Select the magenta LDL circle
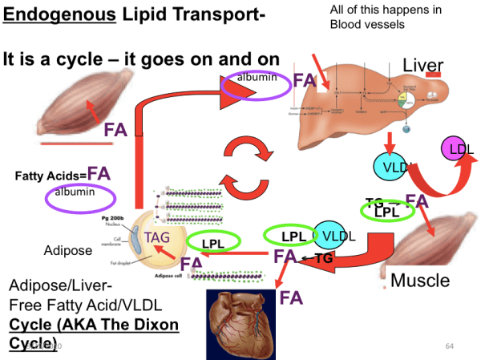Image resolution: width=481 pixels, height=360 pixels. click(458, 149)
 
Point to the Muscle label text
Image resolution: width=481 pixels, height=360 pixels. click(420, 281)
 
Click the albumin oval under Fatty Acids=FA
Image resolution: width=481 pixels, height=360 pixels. click(75, 193)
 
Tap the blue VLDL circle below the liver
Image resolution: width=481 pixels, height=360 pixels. click(392, 167)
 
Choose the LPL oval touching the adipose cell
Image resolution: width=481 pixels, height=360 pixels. click(212, 242)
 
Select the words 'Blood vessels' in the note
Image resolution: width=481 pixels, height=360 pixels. click(367, 24)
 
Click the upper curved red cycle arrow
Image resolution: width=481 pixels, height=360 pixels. click(240, 151)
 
